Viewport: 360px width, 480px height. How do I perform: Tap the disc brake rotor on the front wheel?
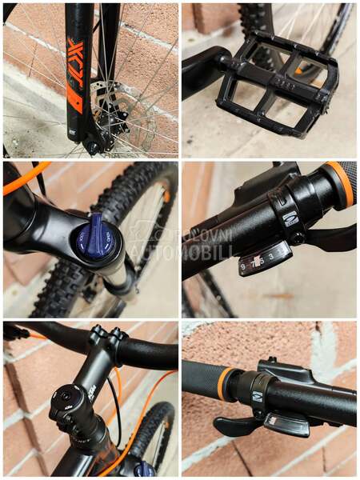pos(120,112)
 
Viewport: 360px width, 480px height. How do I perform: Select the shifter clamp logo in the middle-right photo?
pos(289,218)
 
